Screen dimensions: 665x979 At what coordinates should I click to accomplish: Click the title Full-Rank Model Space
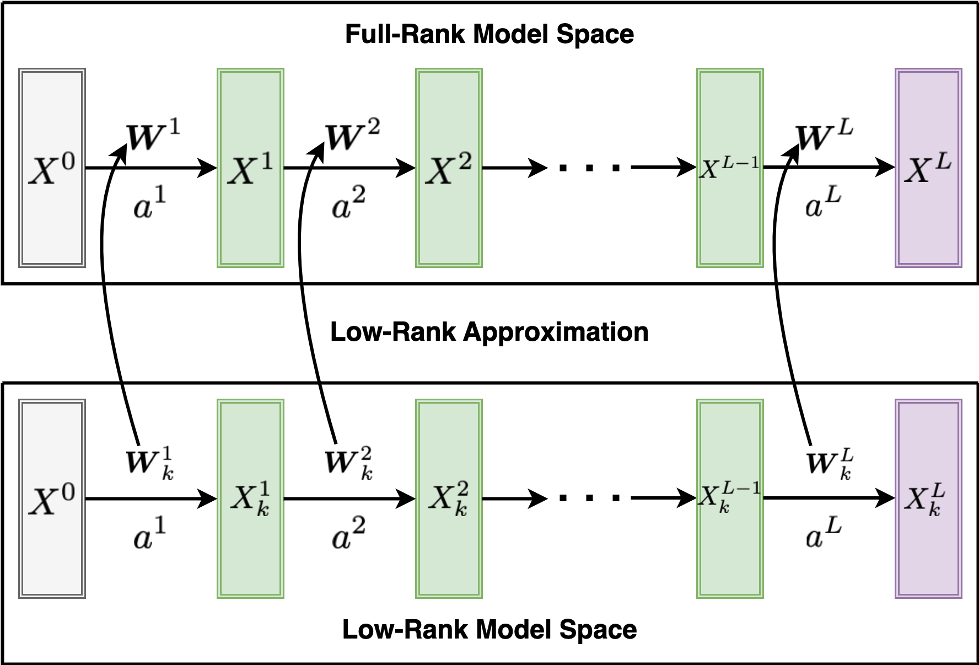pyautogui.click(x=489, y=34)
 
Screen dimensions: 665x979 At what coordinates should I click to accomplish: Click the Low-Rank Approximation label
pyautogui.click(x=489, y=332)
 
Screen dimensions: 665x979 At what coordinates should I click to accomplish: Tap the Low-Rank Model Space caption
pyautogui.click(x=489, y=630)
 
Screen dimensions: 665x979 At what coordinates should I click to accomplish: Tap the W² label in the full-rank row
pyautogui.click(x=352, y=135)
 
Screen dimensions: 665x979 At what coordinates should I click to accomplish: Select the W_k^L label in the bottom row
pyautogui.click(x=829, y=463)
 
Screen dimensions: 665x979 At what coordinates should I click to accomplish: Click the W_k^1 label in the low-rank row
pyautogui.click(x=149, y=463)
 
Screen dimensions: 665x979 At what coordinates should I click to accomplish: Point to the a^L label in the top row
pyautogui.click(x=822, y=203)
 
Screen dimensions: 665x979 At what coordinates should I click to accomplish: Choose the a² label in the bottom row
pyautogui.click(x=348, y=534)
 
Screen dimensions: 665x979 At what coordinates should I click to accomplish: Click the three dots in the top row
pyautogui.click(x=589, y=168)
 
